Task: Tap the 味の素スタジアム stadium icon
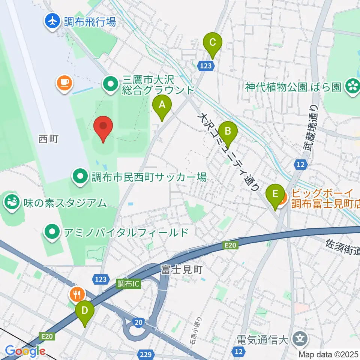point(11,202)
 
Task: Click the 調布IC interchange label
point(128,284)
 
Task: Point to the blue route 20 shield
point(137,322)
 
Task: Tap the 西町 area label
point(48,139)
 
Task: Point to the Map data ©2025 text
point(328,354)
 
